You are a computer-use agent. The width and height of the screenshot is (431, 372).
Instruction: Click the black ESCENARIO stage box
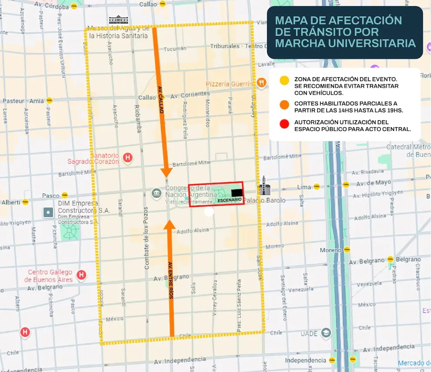click(236, 193)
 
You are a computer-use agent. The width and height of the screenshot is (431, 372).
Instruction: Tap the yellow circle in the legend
click(284, 81)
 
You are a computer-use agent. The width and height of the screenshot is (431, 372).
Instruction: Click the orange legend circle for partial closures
click(284, 105)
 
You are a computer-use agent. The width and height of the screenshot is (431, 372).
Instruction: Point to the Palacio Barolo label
click(265, 201)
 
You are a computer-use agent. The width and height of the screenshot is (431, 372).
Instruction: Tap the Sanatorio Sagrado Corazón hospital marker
click(128, 158)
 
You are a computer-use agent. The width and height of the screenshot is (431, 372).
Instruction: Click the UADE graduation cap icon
click(326, 333)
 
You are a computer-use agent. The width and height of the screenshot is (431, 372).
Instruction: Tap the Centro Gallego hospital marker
click(81, 275)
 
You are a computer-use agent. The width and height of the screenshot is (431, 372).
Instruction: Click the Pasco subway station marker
click(65, 195)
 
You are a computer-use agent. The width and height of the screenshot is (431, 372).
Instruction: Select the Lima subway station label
click(304, 187)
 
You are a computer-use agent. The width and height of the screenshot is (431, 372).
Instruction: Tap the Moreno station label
click(331, 250)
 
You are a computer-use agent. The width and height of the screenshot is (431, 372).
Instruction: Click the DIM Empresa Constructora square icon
click(48, 212)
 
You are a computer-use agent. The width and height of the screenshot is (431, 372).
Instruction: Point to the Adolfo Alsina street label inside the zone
click(193, 231)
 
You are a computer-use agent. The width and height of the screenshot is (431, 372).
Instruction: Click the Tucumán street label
click(175, 49)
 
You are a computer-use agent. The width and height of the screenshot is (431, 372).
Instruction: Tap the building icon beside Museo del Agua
click(116, 20)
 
